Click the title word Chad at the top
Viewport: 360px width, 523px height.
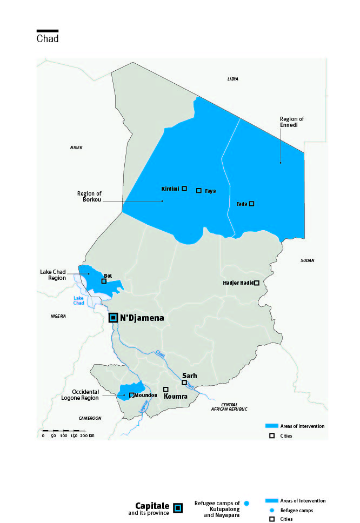tap(48, 39)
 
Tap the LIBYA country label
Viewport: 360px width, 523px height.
tap(233, 79)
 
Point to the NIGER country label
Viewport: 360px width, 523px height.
tap(76, 147)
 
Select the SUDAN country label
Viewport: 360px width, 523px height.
tap(307, 260)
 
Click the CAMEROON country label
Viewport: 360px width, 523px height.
tap(90, 418)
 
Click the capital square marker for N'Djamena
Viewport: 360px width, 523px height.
tap(113, 318)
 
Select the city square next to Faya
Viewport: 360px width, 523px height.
tap(199, 191)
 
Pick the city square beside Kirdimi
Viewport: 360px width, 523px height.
tap(184, 188)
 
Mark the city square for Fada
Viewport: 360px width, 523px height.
tap(251, 204)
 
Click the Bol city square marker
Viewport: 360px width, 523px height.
tap(104, 281)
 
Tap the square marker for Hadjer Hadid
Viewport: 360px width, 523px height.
tap(257, 283)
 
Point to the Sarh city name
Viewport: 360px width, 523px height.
tap(189, 376)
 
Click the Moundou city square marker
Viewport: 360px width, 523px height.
tap(132, 395)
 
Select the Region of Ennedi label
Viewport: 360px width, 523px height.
tap(289, 122)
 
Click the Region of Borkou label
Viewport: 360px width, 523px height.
tap(89, 197)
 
